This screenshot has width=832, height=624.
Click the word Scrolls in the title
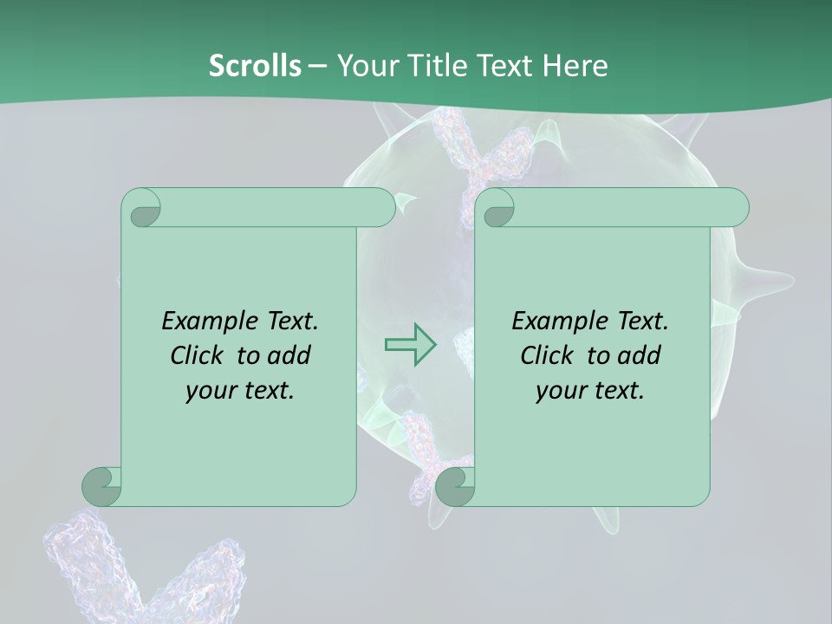[x=255, y=65]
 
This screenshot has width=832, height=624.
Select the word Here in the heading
[x=575, y=65]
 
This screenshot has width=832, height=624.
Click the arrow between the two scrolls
[x=411, y=345]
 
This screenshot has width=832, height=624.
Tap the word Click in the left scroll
[x=198, y=355]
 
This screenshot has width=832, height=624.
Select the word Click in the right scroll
[x=549, y=355]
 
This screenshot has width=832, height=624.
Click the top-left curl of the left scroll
[x=143, y=209]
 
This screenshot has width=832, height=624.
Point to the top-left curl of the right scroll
[x=497, y=209]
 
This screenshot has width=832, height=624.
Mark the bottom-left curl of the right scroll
[x=455, y=486]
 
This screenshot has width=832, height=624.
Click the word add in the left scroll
[x=289, y=355]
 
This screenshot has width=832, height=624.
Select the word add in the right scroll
[x=640, y=355]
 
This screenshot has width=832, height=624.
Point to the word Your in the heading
[x=364, y=65]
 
